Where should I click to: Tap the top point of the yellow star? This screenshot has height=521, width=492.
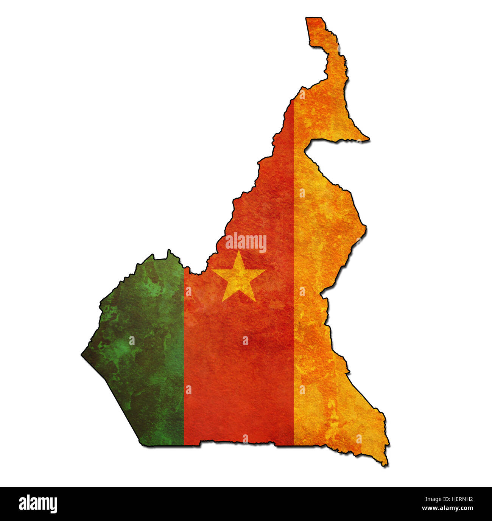pyautogui.click(x=239, y=251)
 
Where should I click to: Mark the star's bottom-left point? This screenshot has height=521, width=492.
pyautogui.click(x=223, y=301)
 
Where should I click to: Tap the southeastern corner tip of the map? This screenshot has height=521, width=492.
pyautogui.click(x=386, y=465)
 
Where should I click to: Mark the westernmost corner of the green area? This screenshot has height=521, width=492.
pyautogui.click(x=82, y=355)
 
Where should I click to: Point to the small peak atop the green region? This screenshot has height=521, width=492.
pyautogui.click(x=169, y=250)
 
